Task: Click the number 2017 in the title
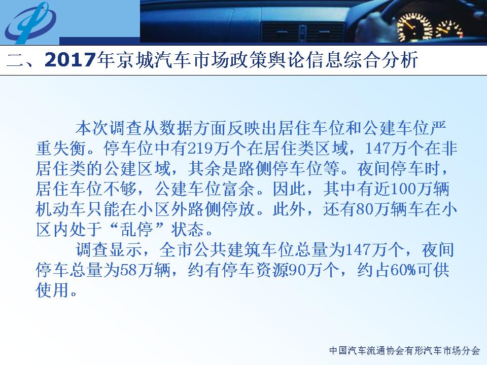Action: point(69,60)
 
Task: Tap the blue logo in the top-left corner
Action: point(30,23)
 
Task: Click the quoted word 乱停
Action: point(136,229)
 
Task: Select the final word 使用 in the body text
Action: point(52,290)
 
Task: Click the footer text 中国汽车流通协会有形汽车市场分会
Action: point(405,351)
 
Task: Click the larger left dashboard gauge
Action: point(414,27)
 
